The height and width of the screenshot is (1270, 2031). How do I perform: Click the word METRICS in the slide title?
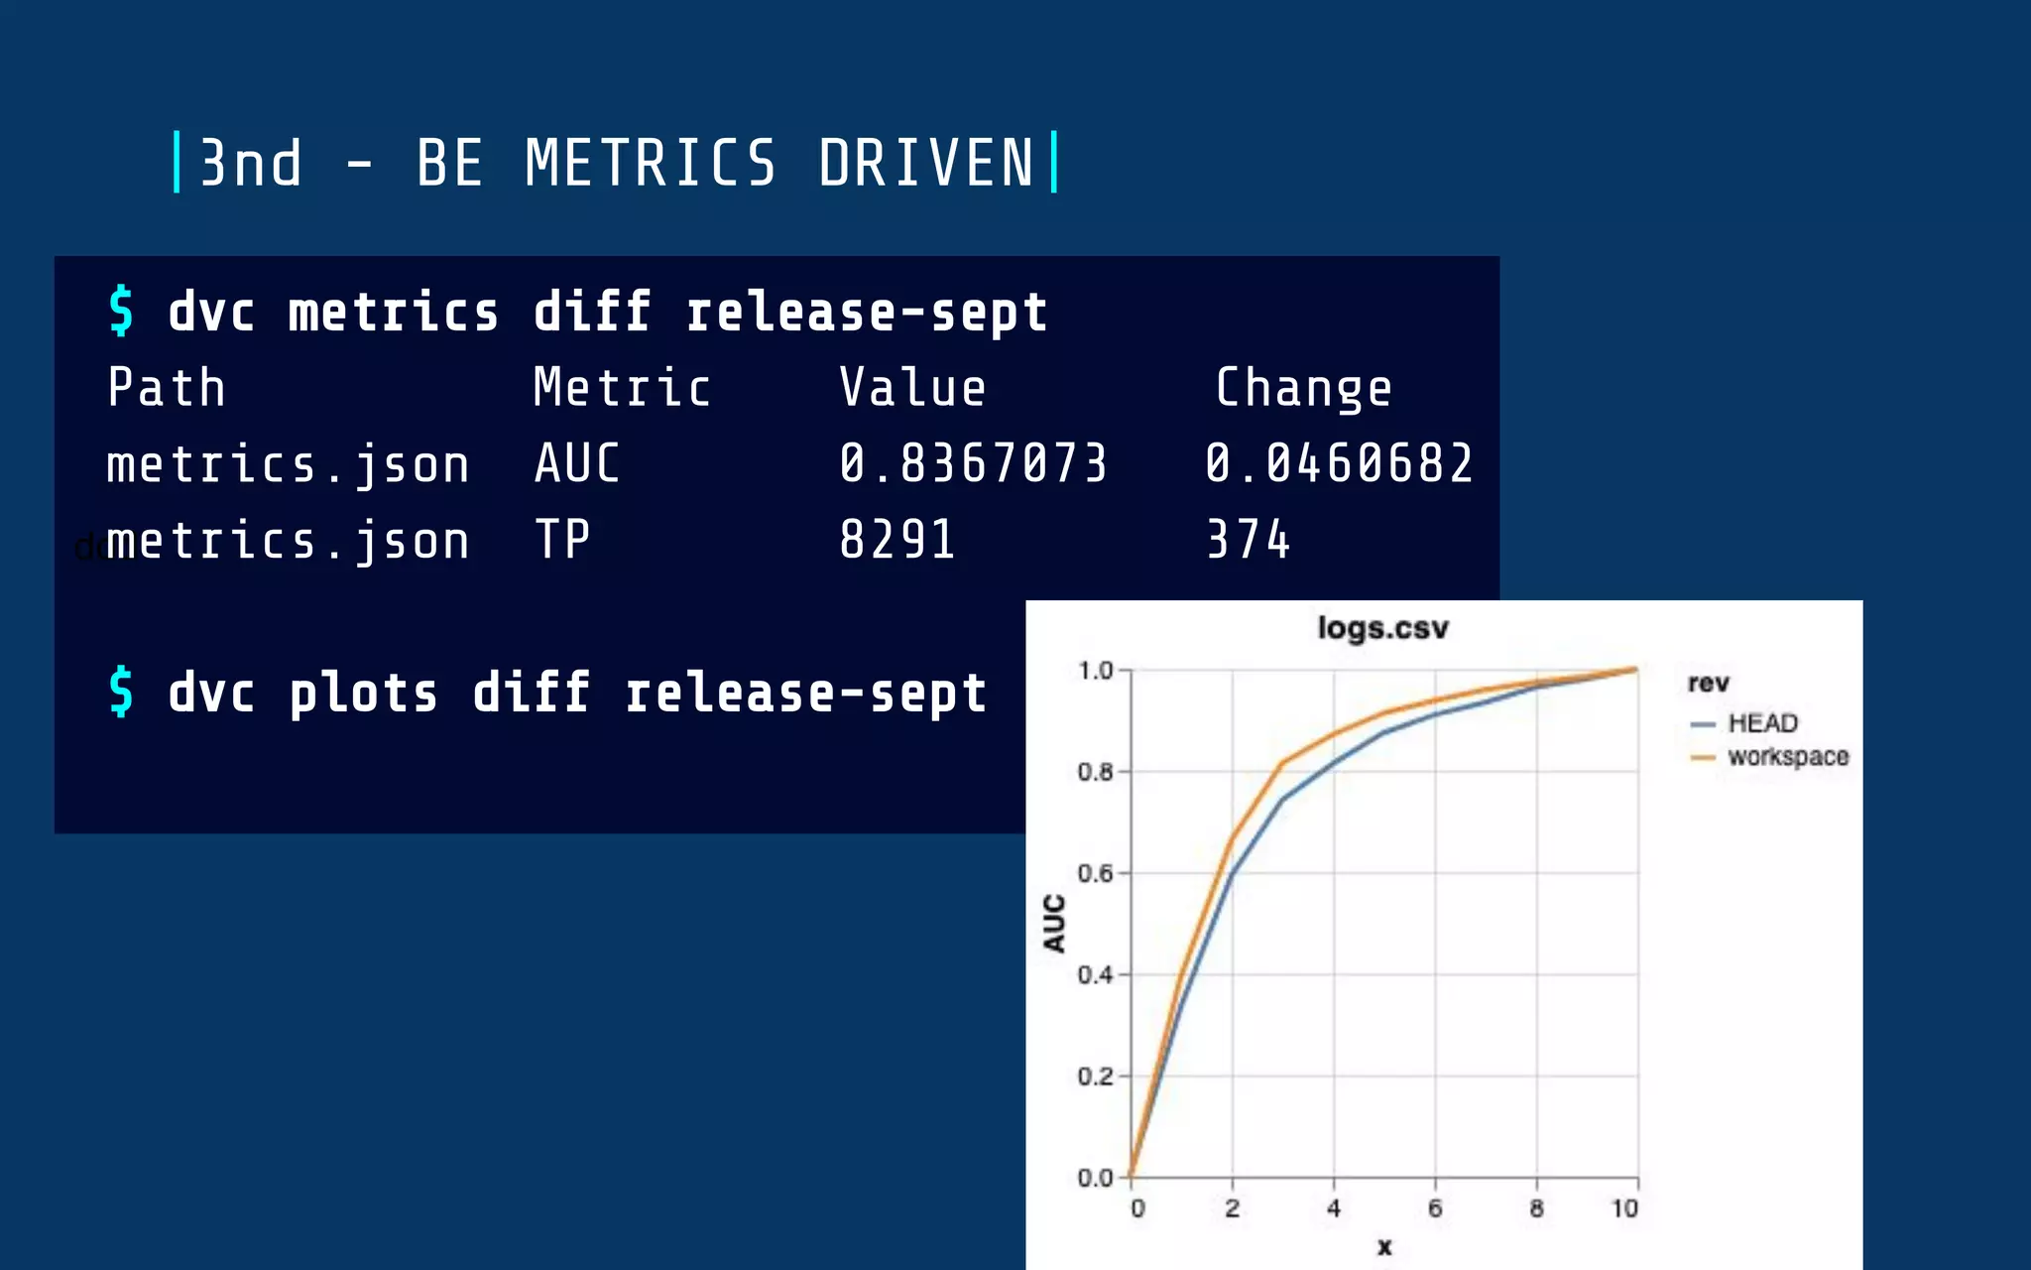[x=650, y=164]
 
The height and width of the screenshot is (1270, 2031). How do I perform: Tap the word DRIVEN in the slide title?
[x=926, y=164]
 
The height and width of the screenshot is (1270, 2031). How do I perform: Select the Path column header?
[x=167, y=387]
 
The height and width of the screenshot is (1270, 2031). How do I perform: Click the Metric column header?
[x=622, y=387]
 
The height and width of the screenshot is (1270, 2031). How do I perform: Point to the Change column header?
[x=1303, y=388]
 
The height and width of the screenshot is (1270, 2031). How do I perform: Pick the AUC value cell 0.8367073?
[x=973, y=463]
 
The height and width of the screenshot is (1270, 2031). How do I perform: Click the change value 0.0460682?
[x=1339, y=463]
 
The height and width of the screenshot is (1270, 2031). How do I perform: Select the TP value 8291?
[x=897, y=540]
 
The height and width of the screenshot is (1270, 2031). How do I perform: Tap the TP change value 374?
[x=1249, y=540]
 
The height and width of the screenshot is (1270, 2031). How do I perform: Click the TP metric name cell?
[x=562, y=540]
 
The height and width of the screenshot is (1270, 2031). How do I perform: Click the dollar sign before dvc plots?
[x=121, y=692]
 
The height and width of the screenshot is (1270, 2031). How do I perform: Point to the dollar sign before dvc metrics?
[x=121, y=311]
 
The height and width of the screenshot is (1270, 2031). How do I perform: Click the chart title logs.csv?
[x=1382, y=628]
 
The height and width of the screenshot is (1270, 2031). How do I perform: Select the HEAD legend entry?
[x=1761, y=723]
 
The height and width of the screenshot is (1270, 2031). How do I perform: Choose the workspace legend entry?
[x=1787, y=757]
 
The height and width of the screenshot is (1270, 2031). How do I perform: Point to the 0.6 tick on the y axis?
[x=1095, y=873]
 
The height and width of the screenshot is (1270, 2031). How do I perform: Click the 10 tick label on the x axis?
[x=1624, y=1208]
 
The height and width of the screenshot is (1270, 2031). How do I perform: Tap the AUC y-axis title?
[x=1054, y=923]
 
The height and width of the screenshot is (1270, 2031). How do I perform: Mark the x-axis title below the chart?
[x=1384, y=1247]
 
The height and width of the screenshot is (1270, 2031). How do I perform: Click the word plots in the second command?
[x=363, y=693]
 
